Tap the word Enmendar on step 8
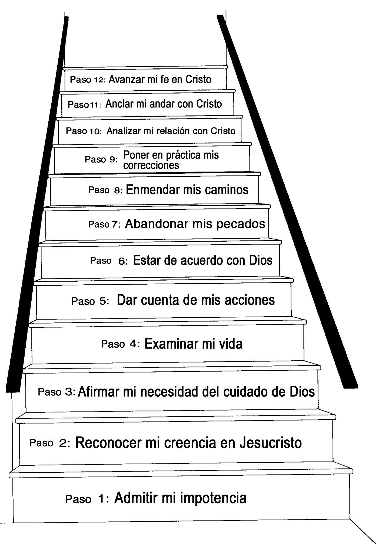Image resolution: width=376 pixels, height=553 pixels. tap(153, 190)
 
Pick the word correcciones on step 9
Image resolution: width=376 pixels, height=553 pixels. tap(151, 165)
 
